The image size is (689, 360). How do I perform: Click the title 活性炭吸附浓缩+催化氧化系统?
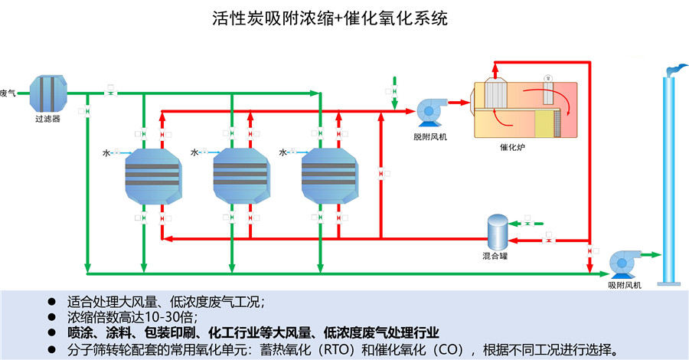(x=329, y=18)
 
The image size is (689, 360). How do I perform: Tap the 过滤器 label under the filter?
(x=47, y=119)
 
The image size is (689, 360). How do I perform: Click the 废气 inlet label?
(x=8, y=93)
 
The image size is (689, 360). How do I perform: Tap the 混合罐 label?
(x=497, y=255)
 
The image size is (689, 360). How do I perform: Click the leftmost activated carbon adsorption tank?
(x=152, y=176)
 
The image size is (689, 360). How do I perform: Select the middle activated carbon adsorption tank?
(x=240, y=176)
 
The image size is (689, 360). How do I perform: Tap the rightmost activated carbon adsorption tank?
(x=329, y=176)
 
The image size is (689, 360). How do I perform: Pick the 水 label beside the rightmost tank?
(x=283, y=153)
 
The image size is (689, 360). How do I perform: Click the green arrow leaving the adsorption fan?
(x=651, y=255)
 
